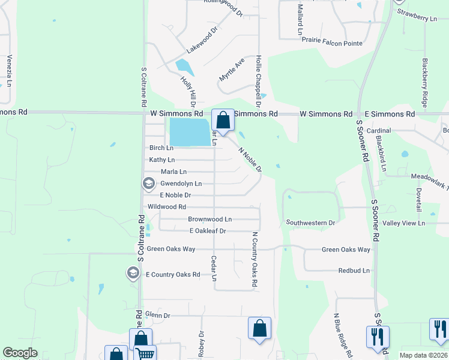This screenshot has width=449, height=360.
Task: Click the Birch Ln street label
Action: [x=161, y=148]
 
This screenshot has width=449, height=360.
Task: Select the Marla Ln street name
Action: [x=173, y=172]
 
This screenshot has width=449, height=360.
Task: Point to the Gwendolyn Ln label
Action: [x=181, y=183]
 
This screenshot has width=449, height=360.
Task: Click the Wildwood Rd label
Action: [x=166, y=206]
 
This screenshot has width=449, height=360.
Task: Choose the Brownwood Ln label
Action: [x=209, y=219]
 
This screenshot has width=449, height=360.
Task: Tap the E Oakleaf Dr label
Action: [x=207, y=230]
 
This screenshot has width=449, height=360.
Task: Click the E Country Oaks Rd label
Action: [x=173, y=274]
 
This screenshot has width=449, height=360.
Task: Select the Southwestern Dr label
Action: [x=310, y=223]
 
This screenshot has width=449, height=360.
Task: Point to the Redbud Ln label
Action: [x=354, y=271]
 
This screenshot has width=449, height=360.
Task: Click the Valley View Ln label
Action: [x=404, y=223]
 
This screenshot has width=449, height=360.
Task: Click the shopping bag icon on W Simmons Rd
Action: [x=223, y=119]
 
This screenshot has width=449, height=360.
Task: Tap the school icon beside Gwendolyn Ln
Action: [x=148, y=182]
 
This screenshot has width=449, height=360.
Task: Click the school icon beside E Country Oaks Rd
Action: [x=133, y=274]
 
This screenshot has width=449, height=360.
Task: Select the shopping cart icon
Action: [x=144, y=354]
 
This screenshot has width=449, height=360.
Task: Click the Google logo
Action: [x=20, y=353]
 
